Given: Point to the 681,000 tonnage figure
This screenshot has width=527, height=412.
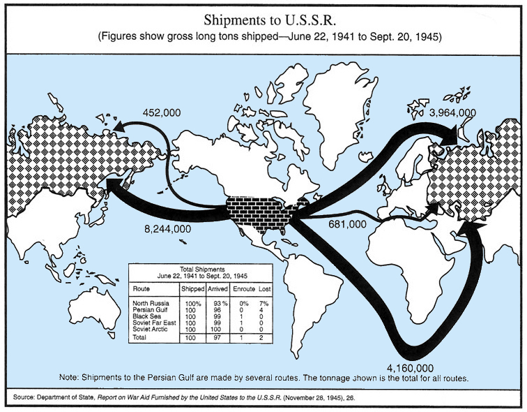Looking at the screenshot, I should [x=347, y=225].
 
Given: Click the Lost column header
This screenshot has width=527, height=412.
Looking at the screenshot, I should [x=266, y=288].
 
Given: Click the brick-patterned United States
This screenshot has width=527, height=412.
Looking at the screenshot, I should [x=261, y=212].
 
